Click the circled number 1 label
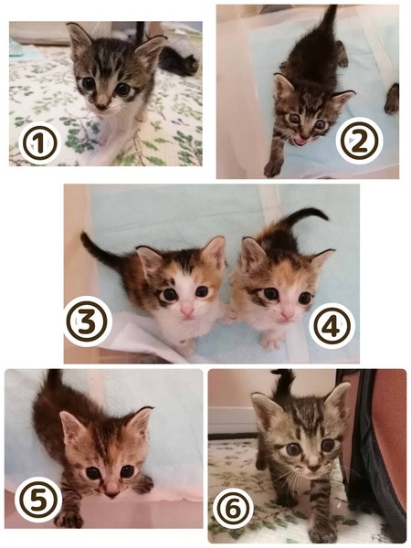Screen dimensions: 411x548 [x=39, y=143]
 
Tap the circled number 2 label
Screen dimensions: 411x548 [x=359, y=141]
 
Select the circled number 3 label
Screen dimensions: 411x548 [x=88, y=321]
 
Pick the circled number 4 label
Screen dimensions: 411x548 [x=332, y=326]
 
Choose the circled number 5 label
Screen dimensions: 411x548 [x=38, y=500]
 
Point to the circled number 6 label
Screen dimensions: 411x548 [x=233, y=511]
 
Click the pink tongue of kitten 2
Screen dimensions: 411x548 [x=300, y=142]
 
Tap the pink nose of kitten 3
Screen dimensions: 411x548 [x=187, y=310]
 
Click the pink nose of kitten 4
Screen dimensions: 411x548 [x=288, y=313]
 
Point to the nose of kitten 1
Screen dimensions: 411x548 [x=102, y=104]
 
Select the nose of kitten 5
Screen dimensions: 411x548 [x=111, y=493]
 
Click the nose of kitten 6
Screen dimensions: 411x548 [x=313, y=464]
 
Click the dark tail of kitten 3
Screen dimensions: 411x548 [x=100, y=250]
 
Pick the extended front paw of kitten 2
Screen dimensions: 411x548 [x=272, y=168]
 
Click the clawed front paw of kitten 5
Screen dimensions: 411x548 [x=69, y=520]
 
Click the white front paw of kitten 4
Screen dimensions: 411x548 [x=272, y=340]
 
